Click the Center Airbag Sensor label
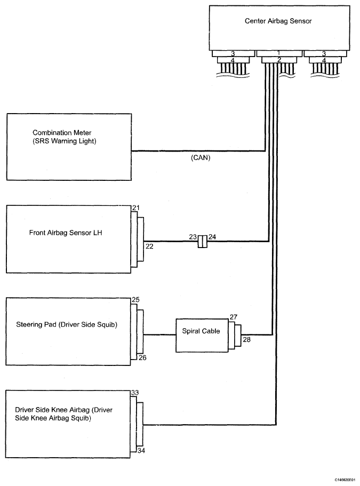pos(278,21)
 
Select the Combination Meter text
pos(62,133)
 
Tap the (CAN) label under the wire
pos(201,158)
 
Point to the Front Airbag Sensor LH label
pos(66,233)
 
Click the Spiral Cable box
pos(202,336)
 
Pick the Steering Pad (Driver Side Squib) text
pos(67,325)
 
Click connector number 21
pos(135,208)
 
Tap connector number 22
pos(149,246)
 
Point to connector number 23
pos(193,237)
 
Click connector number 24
pos(212,237)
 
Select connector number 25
pos(135,300)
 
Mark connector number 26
pos(142,357)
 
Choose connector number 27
pos(234,317)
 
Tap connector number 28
pos(246,340)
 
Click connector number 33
pos(135,393)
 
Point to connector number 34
pos(141,451)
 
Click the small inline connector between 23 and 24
pos(203,242)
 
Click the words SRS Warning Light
pos(64,141)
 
